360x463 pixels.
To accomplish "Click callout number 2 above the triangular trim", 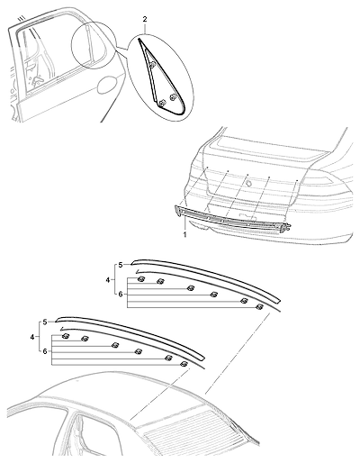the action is (145, 20).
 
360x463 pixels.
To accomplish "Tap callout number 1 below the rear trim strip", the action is (185, 234).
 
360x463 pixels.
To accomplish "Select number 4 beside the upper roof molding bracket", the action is (108, 280).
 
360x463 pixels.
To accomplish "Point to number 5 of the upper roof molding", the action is (121, 265).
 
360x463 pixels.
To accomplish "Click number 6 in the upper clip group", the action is (121, 295).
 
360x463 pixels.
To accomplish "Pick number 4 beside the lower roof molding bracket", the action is (32, 337).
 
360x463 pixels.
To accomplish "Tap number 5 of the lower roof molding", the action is (45, 322).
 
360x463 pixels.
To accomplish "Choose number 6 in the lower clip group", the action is (45, 351).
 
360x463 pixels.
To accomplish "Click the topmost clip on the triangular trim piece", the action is (152, 64).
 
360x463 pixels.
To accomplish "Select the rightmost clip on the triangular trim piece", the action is (173, 97).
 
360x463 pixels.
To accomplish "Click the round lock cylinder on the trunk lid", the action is (248, 183).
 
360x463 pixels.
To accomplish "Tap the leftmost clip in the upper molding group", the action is (140, 279).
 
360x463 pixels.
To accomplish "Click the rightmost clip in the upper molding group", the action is (259, 306).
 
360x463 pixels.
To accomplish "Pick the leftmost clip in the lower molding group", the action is (66, 336).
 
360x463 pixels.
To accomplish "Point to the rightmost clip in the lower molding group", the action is (184, 364).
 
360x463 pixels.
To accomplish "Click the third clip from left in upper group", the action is (190, 288).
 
